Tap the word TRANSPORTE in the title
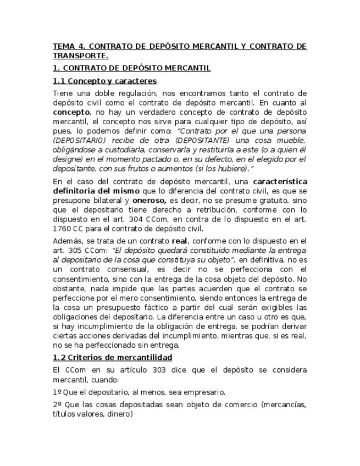pyautogui.click(x=80, y=56)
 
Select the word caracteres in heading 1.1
pyautogui.click(x=137, y=81)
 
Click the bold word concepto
pyautogui.click(x=70, y=112)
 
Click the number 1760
pyautogui.click(x=63, y=229)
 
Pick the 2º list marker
pyautogui.click(x=57, y=405)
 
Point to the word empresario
pyautogui.click(x=204, y=392)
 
